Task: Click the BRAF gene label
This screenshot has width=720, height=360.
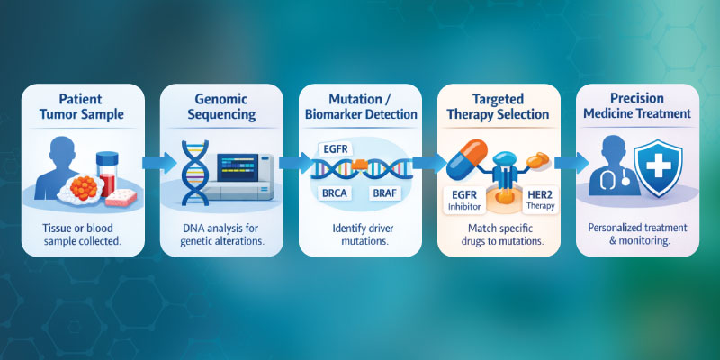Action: (390, 193)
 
